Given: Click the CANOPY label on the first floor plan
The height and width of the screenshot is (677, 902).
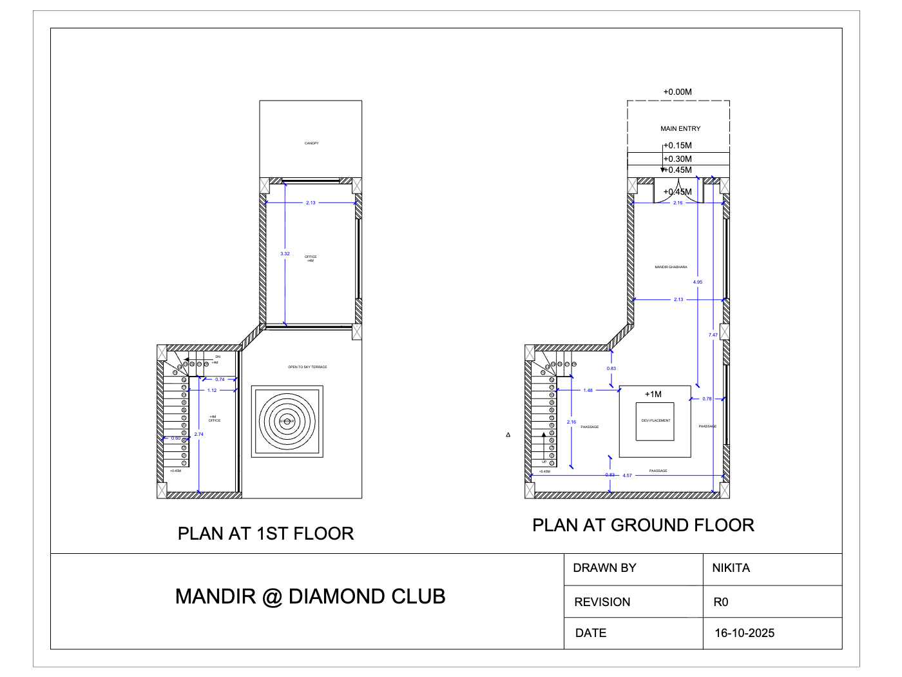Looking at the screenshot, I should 311,143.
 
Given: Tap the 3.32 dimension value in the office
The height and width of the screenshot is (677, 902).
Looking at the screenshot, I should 285,254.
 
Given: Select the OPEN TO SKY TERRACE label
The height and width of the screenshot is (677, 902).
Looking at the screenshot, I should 307,367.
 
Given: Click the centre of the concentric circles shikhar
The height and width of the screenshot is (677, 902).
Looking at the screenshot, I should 287,422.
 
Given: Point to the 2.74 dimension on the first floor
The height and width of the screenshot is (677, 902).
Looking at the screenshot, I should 199,435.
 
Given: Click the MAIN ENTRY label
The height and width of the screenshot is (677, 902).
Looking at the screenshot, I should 680,128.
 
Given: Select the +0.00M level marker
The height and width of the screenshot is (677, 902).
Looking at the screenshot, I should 678,92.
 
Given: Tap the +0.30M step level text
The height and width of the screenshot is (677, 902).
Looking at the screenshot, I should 678,159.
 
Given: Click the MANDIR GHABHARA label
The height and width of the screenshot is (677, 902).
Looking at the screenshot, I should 671,267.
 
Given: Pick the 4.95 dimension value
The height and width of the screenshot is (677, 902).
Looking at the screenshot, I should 698,282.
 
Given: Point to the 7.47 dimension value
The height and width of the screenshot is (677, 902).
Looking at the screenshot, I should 713,335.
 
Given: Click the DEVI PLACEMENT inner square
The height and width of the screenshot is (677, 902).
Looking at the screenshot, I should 655,421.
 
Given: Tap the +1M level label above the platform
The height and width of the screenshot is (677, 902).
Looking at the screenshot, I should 653,394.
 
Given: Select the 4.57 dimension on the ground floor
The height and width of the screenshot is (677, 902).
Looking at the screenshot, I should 628,476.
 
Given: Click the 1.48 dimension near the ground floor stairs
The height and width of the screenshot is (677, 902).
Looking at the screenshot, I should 588,391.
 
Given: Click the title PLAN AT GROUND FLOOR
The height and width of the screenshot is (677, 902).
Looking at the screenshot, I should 643,525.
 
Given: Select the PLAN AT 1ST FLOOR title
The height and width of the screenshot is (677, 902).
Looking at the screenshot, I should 265,534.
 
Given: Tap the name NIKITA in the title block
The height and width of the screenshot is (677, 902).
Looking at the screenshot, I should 731,568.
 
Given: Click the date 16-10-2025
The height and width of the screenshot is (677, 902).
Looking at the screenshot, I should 744,633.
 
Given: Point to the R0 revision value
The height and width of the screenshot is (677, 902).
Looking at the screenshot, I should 720,602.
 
